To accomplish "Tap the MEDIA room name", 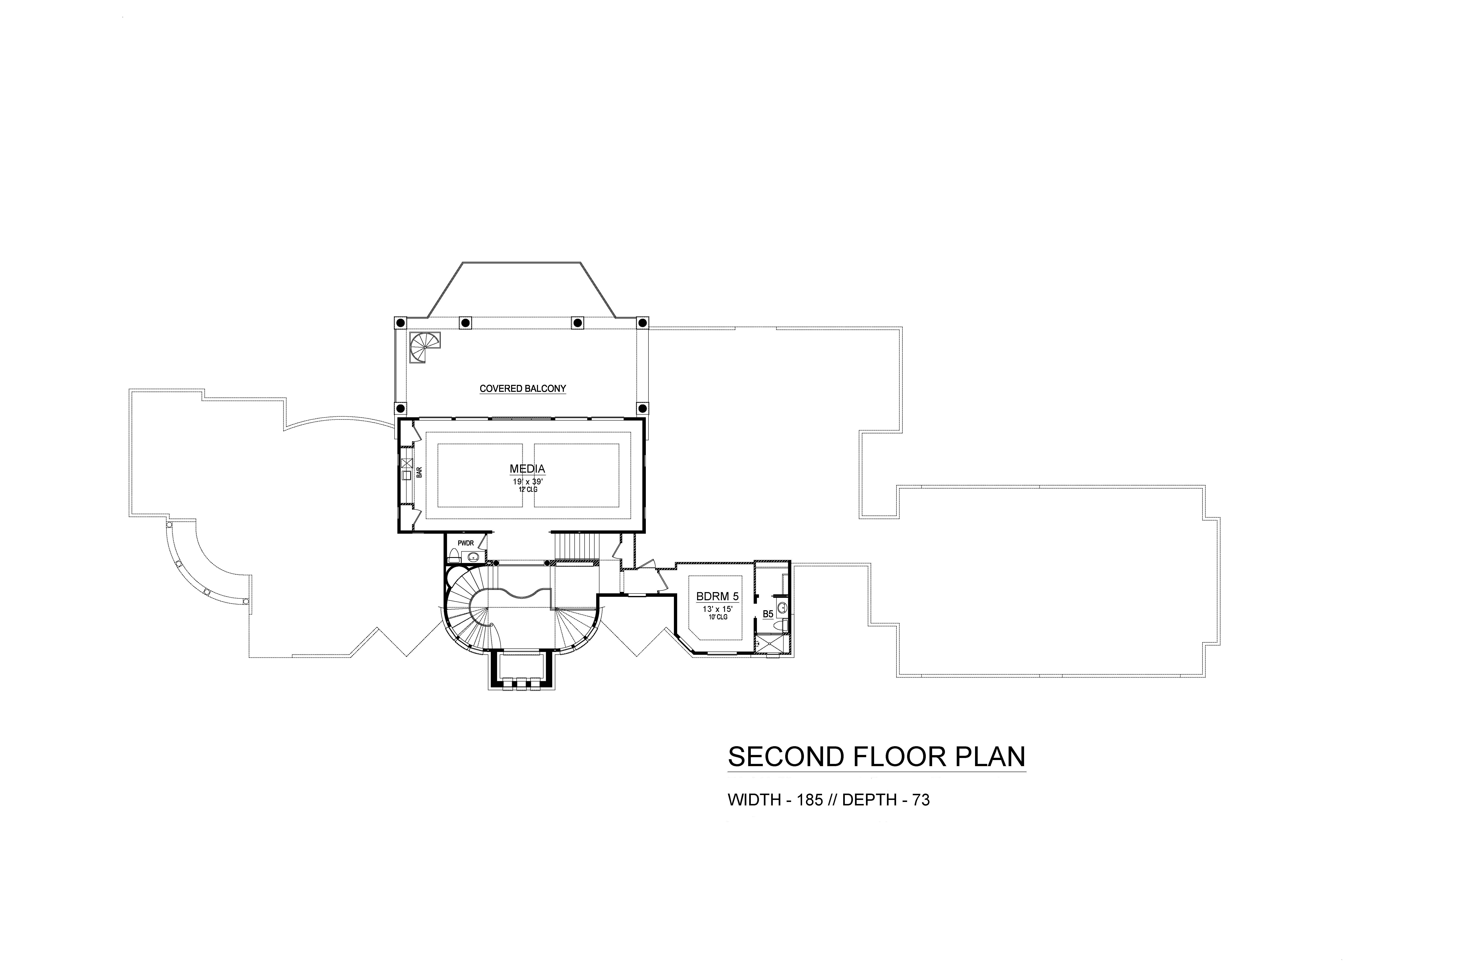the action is (527, 469).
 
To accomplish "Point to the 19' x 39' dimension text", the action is (527, 482).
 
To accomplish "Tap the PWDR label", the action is (466, 543).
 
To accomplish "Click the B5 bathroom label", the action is (768, 614).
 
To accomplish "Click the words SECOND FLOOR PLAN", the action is (876, 756).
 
